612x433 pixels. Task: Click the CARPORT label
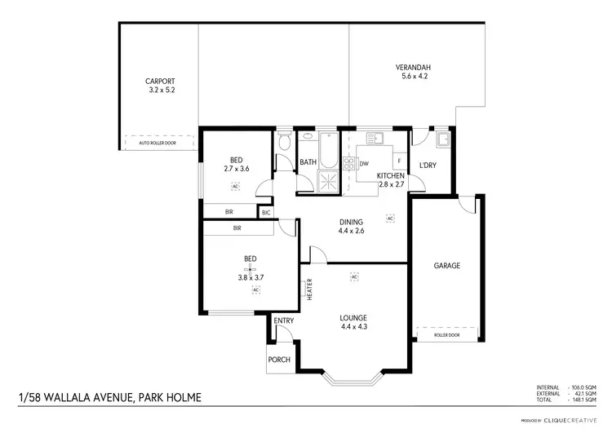coord(160,81)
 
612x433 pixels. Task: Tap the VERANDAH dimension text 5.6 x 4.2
coord(414,76)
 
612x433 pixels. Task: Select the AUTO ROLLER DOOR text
coord(159,144)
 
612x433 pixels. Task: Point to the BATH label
coord(308,162)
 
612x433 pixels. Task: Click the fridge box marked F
coord(399,161)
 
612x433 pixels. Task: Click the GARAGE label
coord(447,266)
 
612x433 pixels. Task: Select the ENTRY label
coord(283,321)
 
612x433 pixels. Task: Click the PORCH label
coord(279,360)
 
